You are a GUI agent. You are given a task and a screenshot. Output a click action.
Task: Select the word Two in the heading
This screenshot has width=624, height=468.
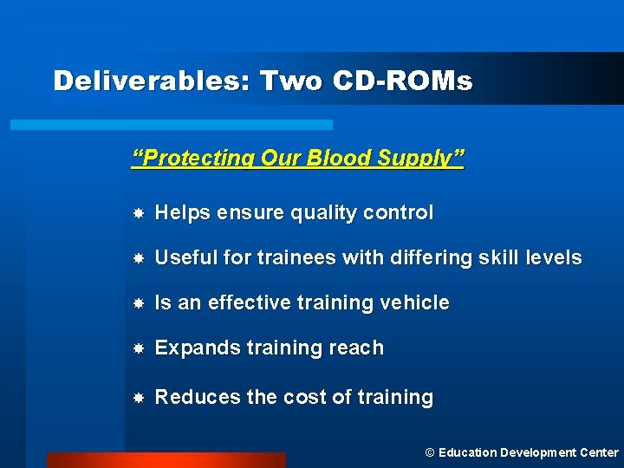pyautogui.click(x=289, y=81)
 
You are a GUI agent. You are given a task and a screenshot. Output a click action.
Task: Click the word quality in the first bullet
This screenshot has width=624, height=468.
pyautogui.click(x=331, y=213)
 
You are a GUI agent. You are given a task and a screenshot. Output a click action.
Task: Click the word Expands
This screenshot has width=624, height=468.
pyautogui.click(x=192, y=348)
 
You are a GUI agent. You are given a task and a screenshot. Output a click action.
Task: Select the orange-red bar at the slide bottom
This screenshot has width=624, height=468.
pyautogui.click(x=166, y=460)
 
